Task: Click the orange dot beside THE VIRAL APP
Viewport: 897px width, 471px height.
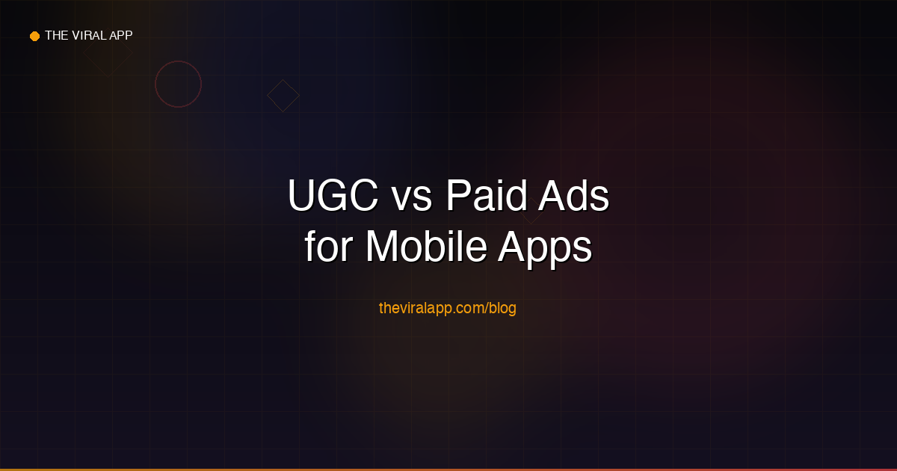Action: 34,36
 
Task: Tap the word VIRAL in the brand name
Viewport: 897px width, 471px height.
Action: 88,35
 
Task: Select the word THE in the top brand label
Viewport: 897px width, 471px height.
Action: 57,35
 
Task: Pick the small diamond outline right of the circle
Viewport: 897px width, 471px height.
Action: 283,96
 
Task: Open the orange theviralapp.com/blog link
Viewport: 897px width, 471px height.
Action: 448,307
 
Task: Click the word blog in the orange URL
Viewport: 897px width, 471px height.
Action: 503,307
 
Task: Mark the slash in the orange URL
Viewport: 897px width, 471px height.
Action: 487,307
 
